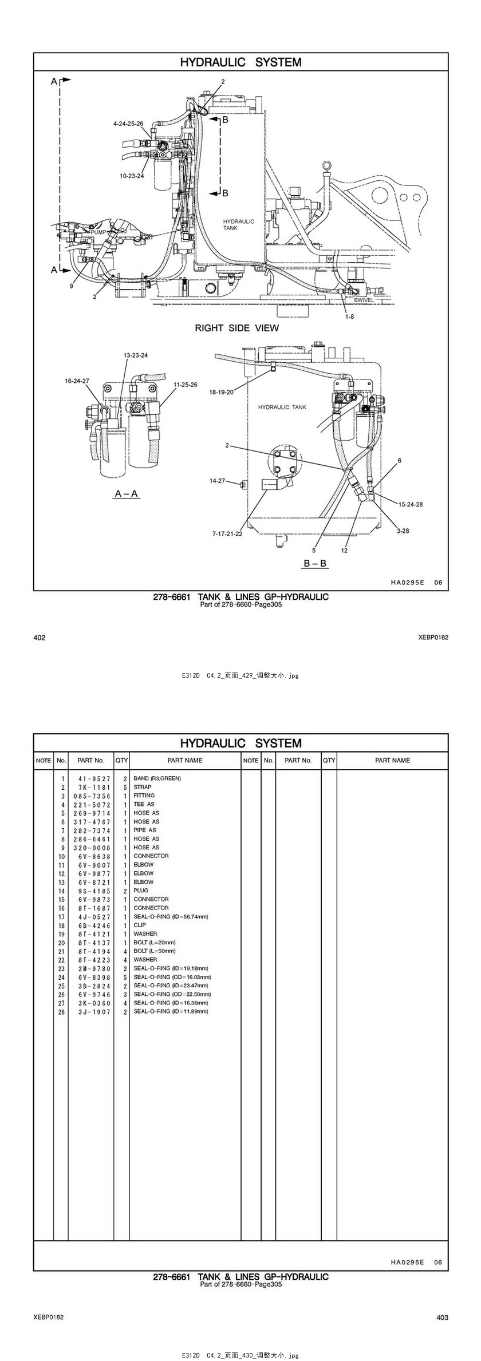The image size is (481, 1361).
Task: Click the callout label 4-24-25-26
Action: coord(128,123)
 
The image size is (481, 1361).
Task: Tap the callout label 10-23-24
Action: coord(132,176)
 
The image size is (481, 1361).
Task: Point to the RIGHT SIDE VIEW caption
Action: coord(236,328)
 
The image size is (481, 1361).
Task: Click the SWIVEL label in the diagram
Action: coord(364,300)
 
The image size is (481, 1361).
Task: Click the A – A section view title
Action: coord(127,493)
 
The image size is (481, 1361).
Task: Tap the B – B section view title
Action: coord(315,563)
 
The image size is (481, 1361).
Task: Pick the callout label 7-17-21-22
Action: coord(227,533)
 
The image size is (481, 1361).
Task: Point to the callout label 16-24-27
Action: coord(77,380)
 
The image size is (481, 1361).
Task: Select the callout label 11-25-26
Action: coord(185,385)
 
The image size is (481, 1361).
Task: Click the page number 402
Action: coord(40,637)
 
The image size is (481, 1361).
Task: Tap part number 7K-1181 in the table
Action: coord(91,787)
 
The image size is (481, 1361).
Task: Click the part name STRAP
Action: coord(143,787)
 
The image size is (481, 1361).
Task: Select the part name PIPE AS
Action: coord(145,830)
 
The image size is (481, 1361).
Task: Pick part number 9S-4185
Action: coord(91,891)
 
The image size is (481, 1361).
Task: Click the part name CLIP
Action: coord(140,925)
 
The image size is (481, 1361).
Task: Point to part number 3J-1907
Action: coord(91,1011)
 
